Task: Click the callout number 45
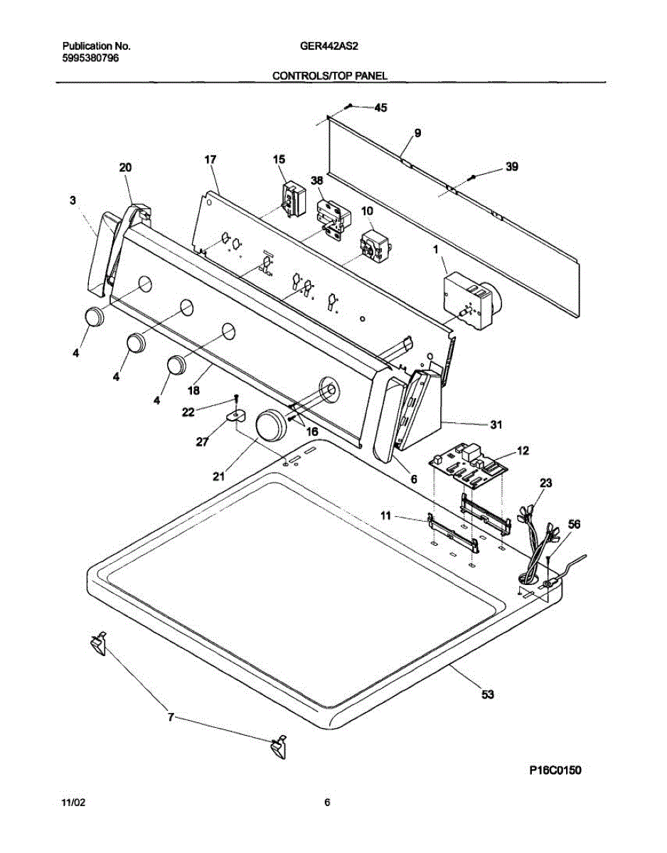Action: [381, 108]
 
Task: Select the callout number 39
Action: [511, 168]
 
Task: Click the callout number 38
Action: [317, 181]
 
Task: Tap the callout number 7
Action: [171, 718]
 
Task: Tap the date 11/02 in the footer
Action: [73, 803]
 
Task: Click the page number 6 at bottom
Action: [327, 803]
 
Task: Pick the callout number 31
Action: [496, 425]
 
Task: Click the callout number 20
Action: [125, 168]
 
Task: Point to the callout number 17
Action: [210, 160]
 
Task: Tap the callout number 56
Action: [573, 524]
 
